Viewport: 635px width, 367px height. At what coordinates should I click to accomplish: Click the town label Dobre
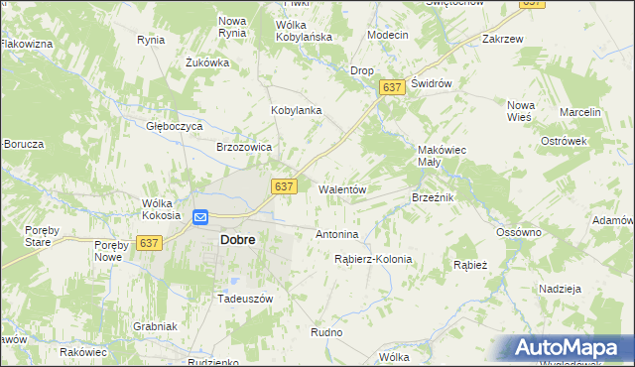tap(237, 240)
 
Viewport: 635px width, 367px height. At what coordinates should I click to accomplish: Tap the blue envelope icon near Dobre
tap(199, 217)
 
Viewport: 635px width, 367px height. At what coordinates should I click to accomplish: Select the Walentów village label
tap(342, 189)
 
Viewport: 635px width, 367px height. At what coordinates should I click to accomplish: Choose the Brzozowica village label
tap(244, 147)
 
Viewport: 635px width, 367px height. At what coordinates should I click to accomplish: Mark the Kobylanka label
tap(297, 111)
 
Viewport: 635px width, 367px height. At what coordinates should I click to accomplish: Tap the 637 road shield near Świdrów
tap(391, 88)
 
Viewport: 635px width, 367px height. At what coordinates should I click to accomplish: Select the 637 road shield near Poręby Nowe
tap(150, 243)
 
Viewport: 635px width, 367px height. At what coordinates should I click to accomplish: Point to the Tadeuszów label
tap(244, 299)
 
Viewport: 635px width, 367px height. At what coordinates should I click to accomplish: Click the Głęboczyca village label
tap(175, 127)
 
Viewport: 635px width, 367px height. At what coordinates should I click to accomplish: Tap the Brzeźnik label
tap(433, 198)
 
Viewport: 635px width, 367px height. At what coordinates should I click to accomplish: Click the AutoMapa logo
tap(570, 347)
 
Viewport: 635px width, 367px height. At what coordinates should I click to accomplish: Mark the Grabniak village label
tap(154, 326)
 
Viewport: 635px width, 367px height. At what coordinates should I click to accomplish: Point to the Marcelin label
tap(580, 113)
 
